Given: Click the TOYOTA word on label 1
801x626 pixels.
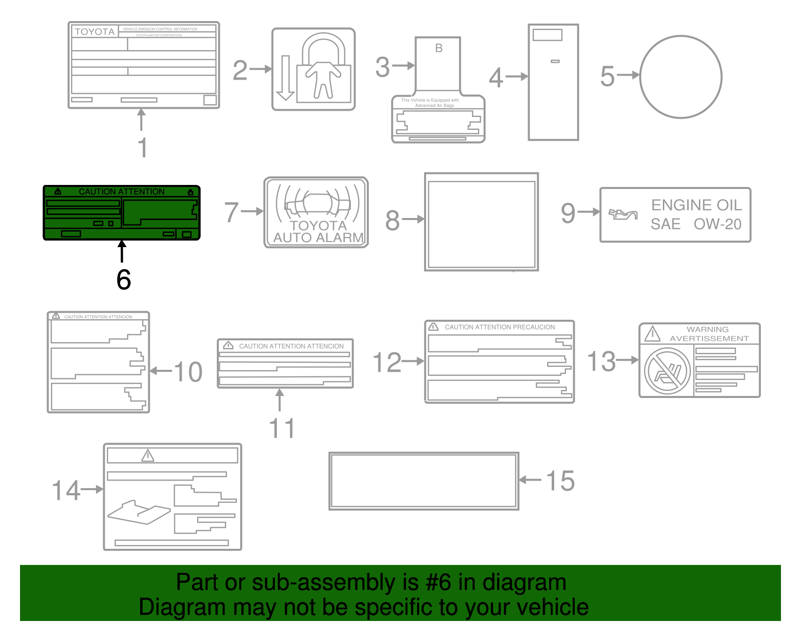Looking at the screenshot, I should (x=95, y=32).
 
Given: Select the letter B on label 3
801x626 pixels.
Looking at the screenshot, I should (x=439, y=48).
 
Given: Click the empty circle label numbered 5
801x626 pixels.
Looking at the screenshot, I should (x=680, y=77).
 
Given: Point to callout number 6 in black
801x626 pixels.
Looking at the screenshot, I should (x=124, y=280).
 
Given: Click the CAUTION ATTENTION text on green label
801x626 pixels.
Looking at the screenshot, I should (x=122, y=191).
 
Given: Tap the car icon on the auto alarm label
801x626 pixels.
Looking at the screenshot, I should (x=317, y=203).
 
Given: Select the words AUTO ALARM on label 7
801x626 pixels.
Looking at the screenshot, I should (x=318, y=238).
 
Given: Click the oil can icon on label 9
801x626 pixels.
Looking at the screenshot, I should (x=623, y=215).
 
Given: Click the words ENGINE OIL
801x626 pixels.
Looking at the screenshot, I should (x=696, y=205).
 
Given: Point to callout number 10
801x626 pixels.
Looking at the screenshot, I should (x=188, y=372).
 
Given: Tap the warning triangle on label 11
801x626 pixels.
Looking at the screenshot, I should (x=228, y=345).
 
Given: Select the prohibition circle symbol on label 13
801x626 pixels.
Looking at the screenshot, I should (x=667, y=372).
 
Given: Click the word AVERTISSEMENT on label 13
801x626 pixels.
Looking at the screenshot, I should (x=709, y=339).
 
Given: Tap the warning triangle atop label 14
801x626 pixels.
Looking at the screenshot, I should (x=148, y=456).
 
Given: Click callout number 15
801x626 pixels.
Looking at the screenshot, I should (x=560, y=481).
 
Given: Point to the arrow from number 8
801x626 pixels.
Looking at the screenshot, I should (x=413, y=219).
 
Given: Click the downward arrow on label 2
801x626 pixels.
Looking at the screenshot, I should (x=285, y=78).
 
